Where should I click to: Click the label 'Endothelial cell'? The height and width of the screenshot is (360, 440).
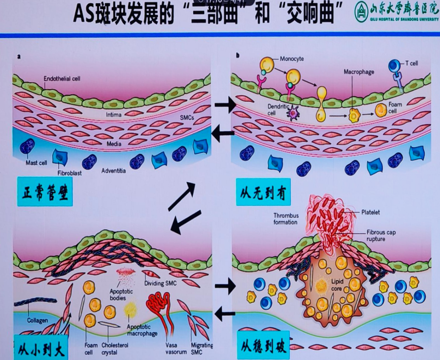[x=62, y=79]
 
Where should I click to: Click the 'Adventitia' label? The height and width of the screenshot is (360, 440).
[x=115, y=171]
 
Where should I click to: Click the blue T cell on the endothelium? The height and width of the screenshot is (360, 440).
[x=396, y=66]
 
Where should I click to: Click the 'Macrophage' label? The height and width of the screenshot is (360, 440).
[x=359, y=72]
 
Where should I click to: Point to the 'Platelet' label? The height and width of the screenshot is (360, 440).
[x=371, y=211]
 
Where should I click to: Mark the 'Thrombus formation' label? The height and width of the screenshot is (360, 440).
[x=286, y=219]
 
